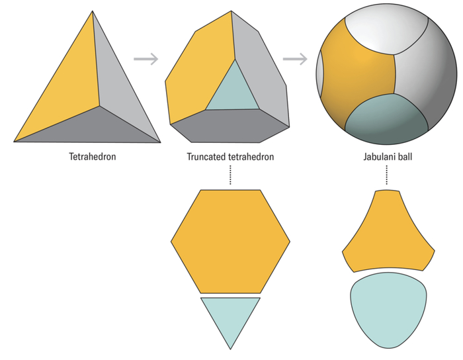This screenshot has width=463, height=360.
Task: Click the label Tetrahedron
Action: click(x=93, y=156)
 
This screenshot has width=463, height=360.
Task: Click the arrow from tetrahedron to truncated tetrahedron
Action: click(x=146, y=59)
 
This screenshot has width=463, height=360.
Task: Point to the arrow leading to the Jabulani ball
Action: click(x=295, y=59)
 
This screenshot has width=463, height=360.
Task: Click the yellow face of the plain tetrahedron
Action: click(x=68, y=89)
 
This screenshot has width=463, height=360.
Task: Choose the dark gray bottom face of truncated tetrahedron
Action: click(x=229, y=126)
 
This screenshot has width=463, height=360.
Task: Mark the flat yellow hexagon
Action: click(x=230, y=242)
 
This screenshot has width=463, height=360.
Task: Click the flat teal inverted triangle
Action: click(x=230, y=316)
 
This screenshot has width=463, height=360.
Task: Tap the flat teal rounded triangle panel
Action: click(x=388, y=308)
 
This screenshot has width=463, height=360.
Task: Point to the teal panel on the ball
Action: click(x=387, y=118)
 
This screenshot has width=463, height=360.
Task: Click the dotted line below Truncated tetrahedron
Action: click(x=230, y=175)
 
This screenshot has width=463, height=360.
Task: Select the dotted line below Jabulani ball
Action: click(x=386, y=175)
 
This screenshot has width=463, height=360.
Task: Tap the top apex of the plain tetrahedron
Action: click(x=93, y=11)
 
